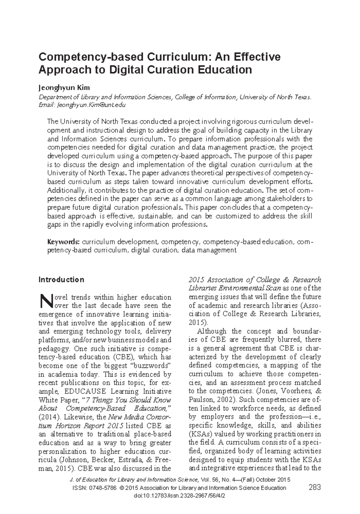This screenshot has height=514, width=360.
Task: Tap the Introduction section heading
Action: point(61,279)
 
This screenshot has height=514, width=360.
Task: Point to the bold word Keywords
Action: point(63,242)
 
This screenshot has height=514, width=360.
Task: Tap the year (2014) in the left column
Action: point(49,417)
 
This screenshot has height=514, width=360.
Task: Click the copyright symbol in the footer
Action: point(121,488)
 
